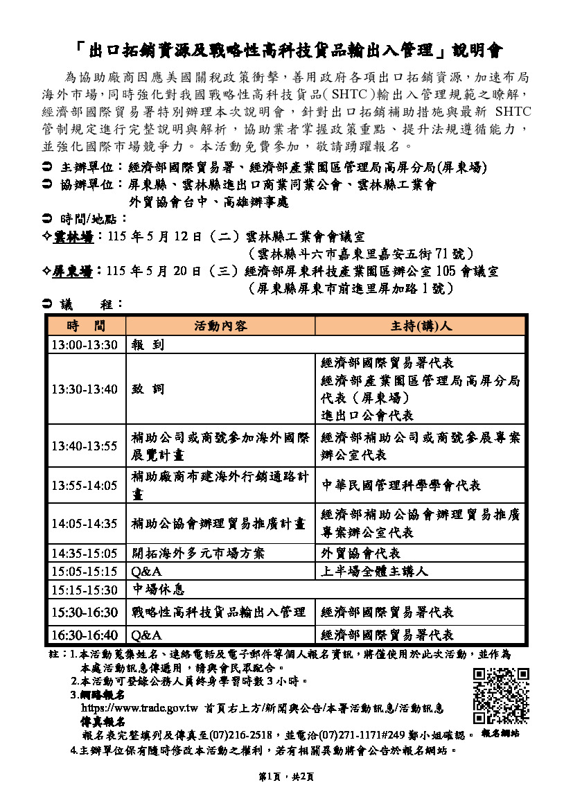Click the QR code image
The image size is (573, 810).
(x=500, y=696)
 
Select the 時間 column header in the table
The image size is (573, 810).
(x=86, y=326)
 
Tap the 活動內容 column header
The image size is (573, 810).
(x=220, y=326)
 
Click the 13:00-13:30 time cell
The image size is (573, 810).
(x=85, y=345)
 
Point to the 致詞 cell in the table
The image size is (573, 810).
(x=149, y=389)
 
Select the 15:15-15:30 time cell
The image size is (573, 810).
(x=85, y=590)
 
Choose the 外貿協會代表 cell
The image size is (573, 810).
(x=361, y=553)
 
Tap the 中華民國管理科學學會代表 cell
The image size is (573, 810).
(x=401, y=485)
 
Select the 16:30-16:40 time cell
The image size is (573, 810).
(x=85, y=635)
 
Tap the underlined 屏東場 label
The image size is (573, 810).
(x=73, y=271)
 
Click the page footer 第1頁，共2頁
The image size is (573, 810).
(x=286, y=777)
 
